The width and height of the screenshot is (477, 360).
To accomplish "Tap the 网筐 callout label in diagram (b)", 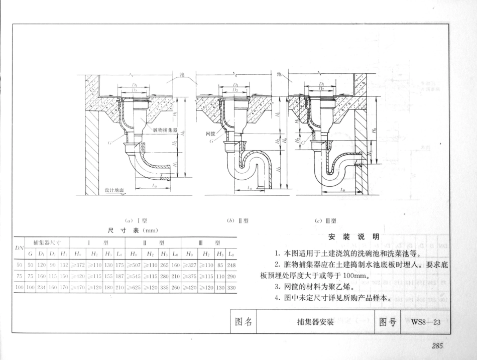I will [x=211, y=134].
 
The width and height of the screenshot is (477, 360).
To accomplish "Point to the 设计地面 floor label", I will [x=114, y=190].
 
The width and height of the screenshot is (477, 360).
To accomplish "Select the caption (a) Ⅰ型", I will [x=133, y=220].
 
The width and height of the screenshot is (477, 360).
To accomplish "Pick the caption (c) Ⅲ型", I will [x=325, y=220].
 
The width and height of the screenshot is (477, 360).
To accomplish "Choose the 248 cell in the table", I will [x=232, y=264].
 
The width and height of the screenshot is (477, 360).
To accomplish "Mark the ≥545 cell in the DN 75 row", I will [x=135, y=276].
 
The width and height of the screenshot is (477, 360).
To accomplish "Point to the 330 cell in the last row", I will [x=232, y=288].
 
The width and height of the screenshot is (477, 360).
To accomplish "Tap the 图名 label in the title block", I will [x=244, y=322].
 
